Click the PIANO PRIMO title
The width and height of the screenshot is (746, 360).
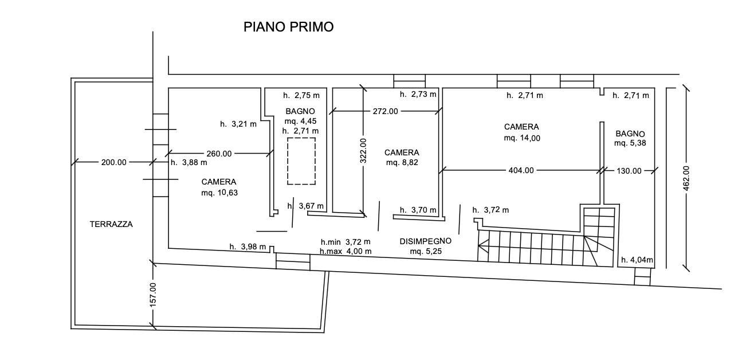click(x=288, y=27)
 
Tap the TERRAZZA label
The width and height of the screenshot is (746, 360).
click(x=111, y=224)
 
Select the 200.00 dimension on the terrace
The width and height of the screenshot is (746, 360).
click(x=114, y=162)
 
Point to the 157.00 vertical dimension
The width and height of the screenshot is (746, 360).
click(x=153, y=295)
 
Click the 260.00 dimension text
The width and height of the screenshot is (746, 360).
click(x=219, y=154)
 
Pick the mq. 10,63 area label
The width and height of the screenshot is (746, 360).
click(x=219, y=193)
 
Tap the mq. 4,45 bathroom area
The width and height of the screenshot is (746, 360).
click(x=301, y=122)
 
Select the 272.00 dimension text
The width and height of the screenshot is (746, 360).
click(x=386, y=111)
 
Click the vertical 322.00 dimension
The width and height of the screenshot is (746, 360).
click(x=363, y=151)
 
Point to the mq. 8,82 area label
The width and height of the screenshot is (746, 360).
click(x=402, y=163)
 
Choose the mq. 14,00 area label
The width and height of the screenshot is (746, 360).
click(x=522, y=138)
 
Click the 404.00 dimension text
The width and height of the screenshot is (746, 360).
click(x=521, y=170)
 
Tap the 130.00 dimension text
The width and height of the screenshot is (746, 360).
click(x=629, y=171)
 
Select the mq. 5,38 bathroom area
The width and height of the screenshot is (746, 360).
click(x=630, y=143)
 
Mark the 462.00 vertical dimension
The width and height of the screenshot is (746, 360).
click(x=686, y=178)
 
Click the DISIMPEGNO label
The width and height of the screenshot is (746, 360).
click(x=426, y=241)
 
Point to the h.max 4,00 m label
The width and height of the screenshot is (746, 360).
click(x=345, y=251)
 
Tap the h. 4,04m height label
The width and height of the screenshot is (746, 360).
click(x=637, y=260)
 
